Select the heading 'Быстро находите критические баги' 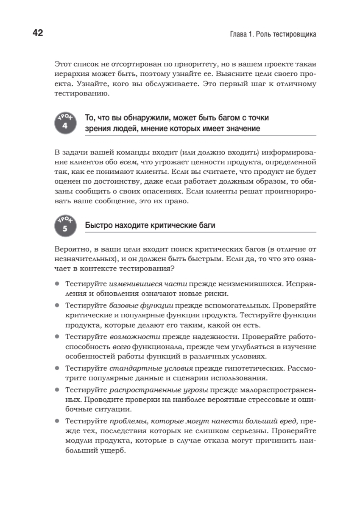tap(150, 226)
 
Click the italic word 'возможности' tap(135, 337)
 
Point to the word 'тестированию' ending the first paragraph tap(77, 94)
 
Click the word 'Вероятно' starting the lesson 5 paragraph tap(70, 248)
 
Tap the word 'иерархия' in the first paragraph tap(70, 74)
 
